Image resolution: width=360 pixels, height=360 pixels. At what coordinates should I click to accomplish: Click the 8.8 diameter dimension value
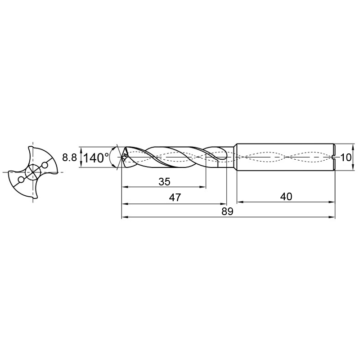pyautogui.click(x=69, y=158)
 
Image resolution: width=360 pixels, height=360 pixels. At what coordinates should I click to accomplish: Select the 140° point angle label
pyautogui.click(x=96, y=158)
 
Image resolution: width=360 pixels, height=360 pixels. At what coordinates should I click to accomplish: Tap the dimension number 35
pyautogui.click(x=165, y=182)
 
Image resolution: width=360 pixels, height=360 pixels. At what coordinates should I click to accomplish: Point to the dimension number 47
pyautogui.click(x=175, y=198)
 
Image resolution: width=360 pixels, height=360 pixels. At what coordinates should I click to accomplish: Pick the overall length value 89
pyautogui.click(x=227, y=211)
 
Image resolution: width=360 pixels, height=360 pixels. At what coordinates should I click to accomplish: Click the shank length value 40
pyautogui.click(x=286, y=197)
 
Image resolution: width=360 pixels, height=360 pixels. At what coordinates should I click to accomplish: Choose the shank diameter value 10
pyautogui.click(x=346, y=158)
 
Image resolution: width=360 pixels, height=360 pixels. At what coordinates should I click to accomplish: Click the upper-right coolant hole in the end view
pyautogui.click(x=45, y=165)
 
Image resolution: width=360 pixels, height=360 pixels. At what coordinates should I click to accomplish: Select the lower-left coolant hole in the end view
pyautogui.click(x=21, y=180)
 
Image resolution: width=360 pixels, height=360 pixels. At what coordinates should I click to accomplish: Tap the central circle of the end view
pyautogui.click(x=33, y=172)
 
